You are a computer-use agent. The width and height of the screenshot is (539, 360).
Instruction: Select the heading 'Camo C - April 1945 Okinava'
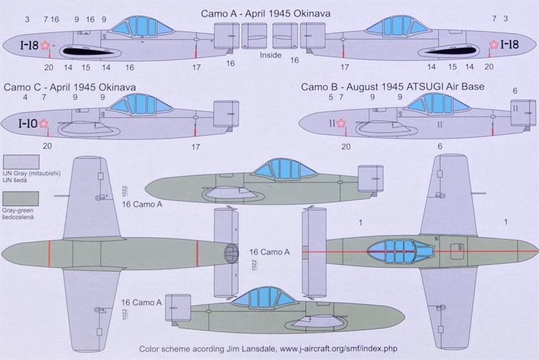pos(69,87)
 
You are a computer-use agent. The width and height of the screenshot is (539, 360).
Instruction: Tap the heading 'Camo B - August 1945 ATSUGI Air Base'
pos(392,87)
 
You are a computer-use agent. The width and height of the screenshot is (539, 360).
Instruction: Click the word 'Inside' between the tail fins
pos(270,55)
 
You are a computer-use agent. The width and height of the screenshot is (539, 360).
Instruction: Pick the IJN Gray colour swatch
pos(21,163)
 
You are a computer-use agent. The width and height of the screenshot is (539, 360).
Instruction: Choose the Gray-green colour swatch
pos(21,199)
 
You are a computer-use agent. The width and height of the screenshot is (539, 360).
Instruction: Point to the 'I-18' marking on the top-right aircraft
pos(509,45)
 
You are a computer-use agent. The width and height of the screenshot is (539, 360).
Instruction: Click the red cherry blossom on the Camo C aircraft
pos(45,124)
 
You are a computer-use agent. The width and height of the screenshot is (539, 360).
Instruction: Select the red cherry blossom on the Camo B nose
pos(340,124)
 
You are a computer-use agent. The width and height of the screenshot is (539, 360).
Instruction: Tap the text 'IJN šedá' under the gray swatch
pos(15,180)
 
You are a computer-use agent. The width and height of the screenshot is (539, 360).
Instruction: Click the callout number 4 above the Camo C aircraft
pos(25,98)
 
